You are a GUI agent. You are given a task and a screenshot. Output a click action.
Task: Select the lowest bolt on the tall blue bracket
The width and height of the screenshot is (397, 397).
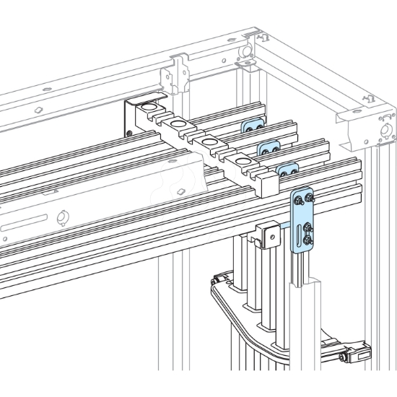(x=308, y=241)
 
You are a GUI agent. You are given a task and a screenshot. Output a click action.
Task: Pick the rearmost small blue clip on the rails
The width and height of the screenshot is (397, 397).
(x=250, y=127)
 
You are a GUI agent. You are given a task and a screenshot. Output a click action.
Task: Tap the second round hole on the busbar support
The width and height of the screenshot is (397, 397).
(x=178, y=126)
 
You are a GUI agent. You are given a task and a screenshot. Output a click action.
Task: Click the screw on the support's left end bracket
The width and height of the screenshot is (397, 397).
(x=128, y=131)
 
